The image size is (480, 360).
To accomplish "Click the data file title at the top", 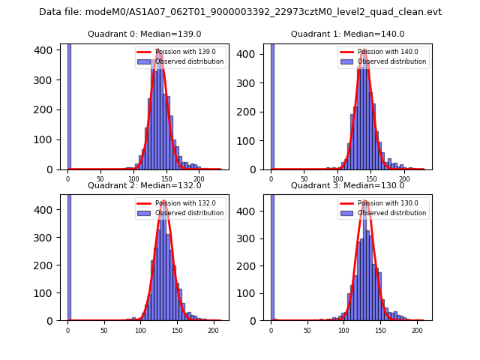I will click(x=240, y=12).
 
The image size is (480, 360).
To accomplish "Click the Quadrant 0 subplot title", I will click(x=144, y=34).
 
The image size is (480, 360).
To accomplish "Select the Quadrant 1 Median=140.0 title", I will click(x=347, y=34).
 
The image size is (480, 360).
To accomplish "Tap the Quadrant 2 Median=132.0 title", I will click(x=144, y=185).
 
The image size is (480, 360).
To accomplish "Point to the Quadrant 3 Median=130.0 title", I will click(x=347, y=185).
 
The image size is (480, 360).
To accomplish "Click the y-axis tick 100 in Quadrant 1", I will click(x=253, y=140).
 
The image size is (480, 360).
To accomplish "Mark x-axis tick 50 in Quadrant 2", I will click(x=103, y=330).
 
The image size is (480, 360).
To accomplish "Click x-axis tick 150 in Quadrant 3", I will click(x=380, y=330).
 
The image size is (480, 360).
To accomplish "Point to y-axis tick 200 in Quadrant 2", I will click(x=50, y=265).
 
